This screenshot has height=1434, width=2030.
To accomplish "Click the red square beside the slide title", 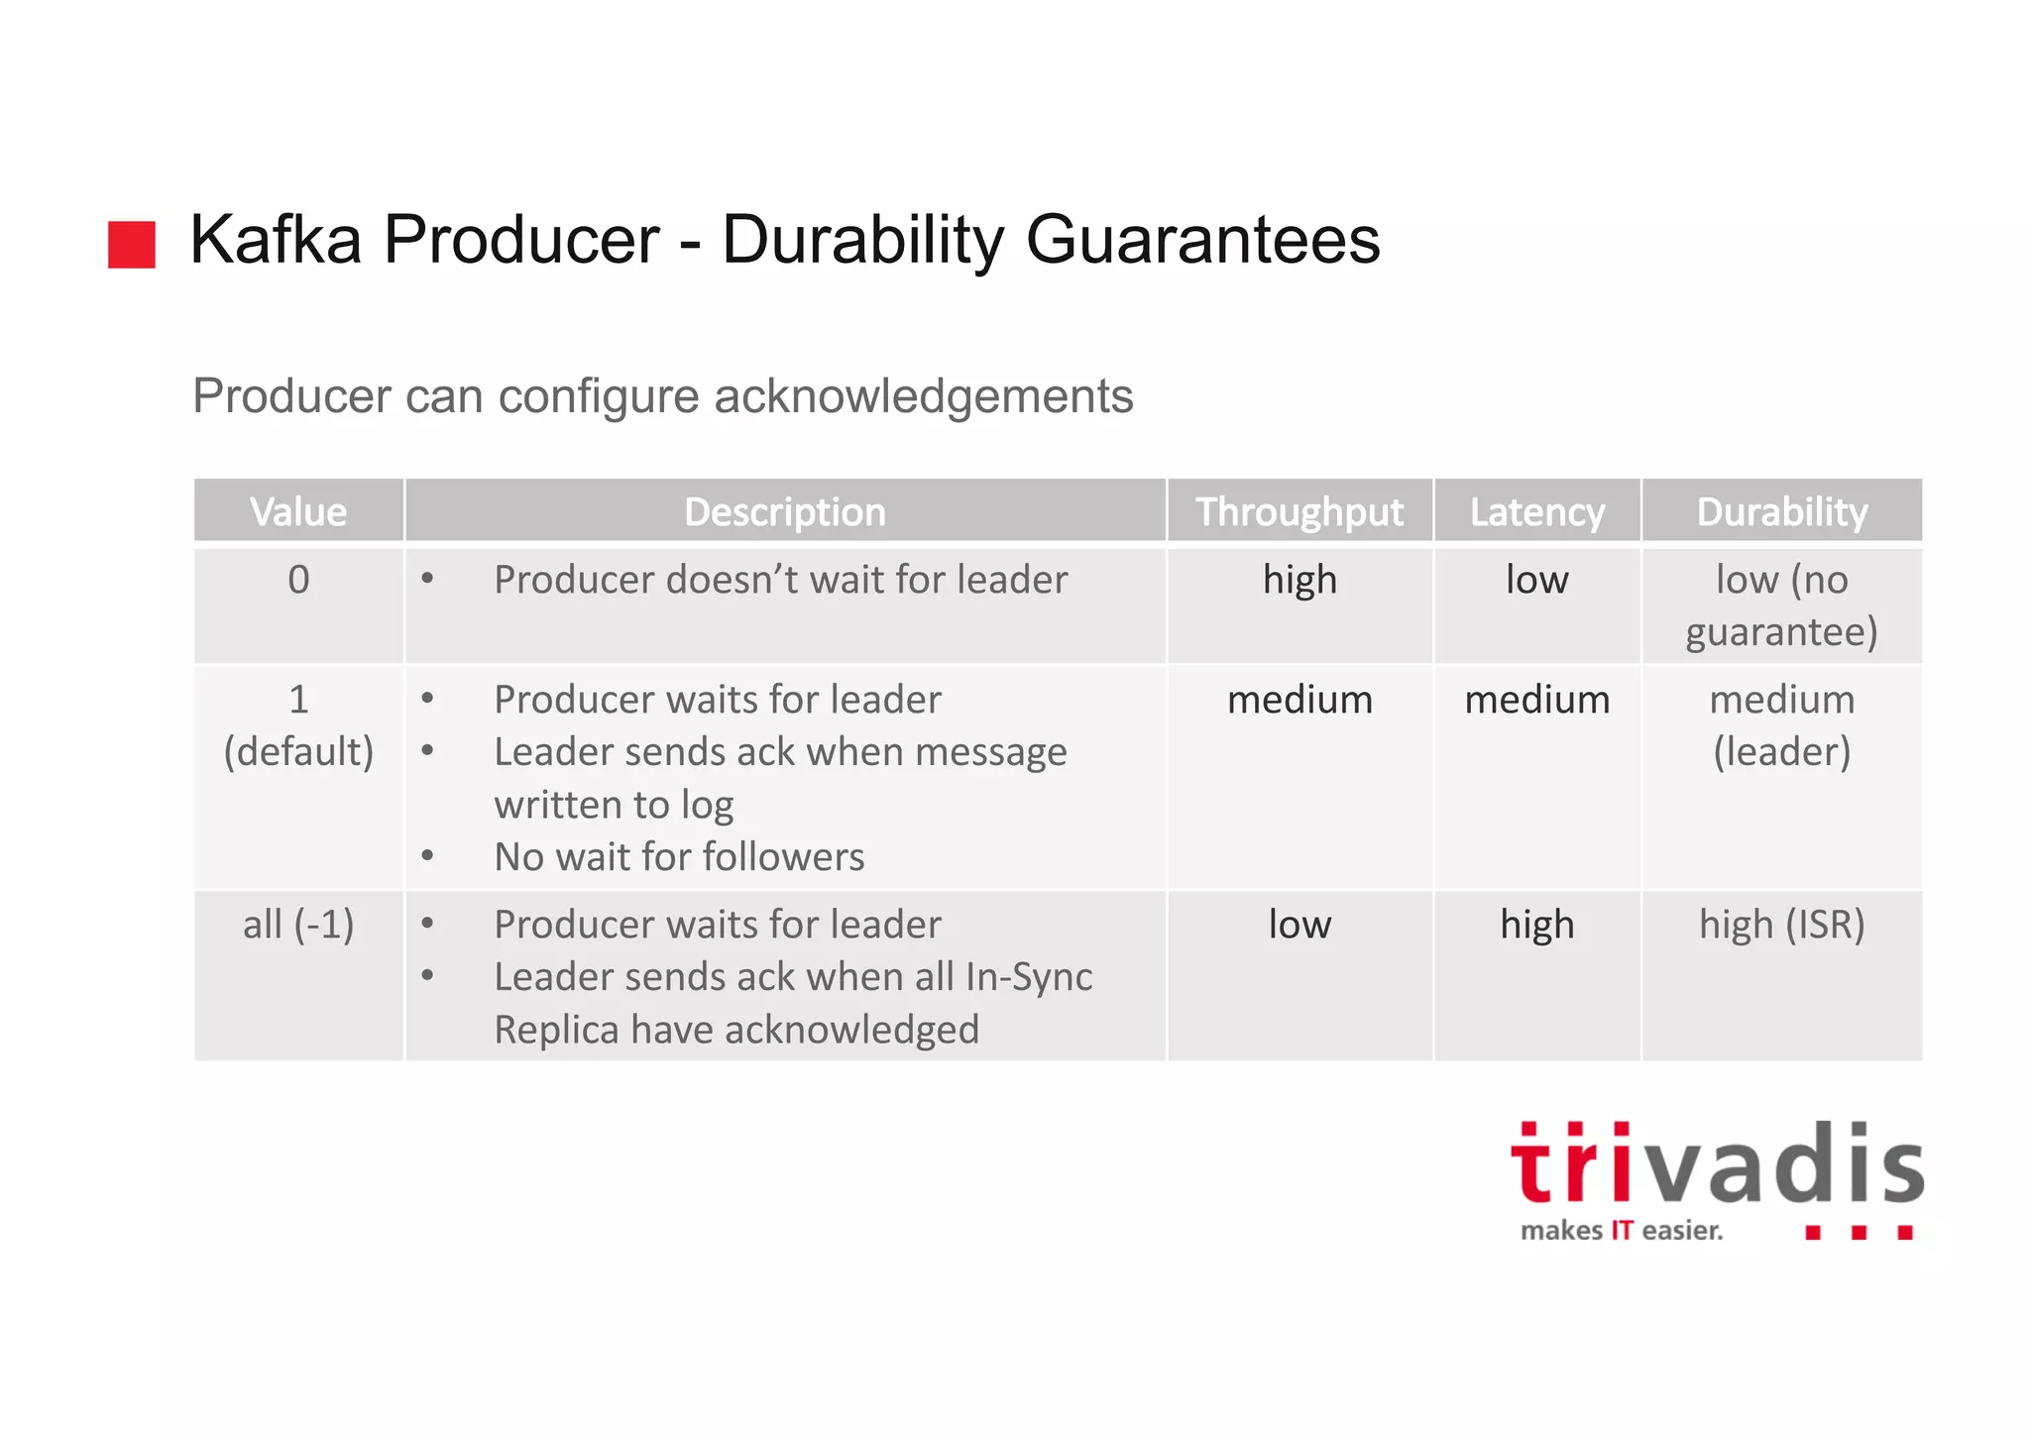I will tap(131, 244).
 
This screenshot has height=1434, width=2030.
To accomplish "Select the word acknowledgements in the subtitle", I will tap(923, 396).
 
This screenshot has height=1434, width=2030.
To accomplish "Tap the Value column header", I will tap(298, 512).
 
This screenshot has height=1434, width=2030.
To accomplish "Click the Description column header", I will tap(784, 512).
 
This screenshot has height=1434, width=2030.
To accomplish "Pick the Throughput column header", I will tap(1298, 512).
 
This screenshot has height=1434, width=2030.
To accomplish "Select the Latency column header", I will tap(1536, 512).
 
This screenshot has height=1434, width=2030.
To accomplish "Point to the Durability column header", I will tap(1781, 512).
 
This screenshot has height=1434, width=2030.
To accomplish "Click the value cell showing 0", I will tap(298, 581).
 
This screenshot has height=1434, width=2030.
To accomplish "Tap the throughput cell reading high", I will tap(1299, 581).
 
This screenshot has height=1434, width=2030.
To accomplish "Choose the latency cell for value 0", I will tap(1536, 581).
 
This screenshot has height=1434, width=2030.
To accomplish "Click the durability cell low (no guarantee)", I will tap(1781, 606).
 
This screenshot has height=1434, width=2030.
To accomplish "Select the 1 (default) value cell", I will tap(298, 725).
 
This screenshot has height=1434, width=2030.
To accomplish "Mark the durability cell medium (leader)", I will tap(1781, 725).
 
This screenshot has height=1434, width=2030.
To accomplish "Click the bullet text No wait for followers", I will tap(679, 857).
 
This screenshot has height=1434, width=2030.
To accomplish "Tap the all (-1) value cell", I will tap(298, 925).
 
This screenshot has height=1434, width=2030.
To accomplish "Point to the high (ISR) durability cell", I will tap(1781, 925).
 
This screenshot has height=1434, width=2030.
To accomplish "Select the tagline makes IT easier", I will tap(1622, 1231).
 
